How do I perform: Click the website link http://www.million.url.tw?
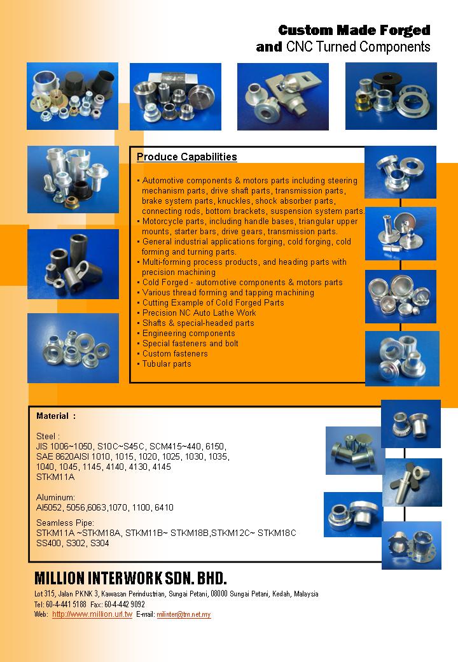92,614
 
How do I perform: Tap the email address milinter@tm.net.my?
184,615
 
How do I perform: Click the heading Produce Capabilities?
187,157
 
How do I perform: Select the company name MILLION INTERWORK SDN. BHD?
130,579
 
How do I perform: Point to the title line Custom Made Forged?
354,31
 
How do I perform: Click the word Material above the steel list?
53,416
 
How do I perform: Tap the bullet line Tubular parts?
167,364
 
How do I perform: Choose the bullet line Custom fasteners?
175,354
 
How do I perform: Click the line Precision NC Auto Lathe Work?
199,313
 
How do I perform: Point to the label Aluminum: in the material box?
56,497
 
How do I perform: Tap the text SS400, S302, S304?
73,543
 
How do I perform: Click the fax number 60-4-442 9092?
127,604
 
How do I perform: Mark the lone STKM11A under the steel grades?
55,477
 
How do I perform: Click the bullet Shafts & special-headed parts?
198,323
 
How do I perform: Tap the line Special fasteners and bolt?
190,344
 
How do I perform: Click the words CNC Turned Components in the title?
358,47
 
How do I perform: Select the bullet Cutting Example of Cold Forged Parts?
213,303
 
